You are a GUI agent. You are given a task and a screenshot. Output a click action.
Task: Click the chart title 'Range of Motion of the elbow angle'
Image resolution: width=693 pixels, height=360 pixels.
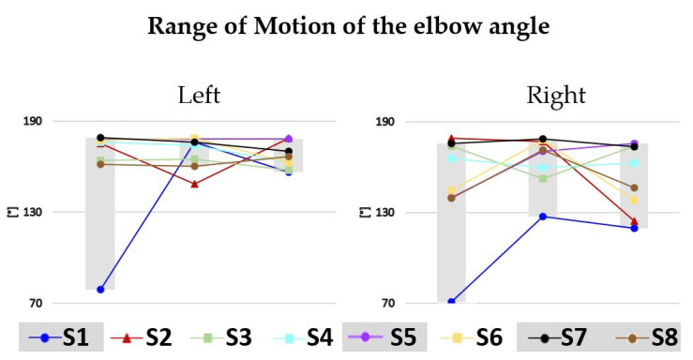346,27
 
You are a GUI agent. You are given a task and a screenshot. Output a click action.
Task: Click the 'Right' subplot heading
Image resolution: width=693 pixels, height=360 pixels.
556,95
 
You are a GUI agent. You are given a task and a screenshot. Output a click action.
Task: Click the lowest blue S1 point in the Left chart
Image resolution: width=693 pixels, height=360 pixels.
100,290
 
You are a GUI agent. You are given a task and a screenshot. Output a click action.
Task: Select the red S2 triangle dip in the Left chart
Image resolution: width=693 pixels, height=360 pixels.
194,184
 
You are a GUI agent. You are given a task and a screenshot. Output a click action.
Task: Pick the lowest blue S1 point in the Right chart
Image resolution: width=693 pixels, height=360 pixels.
451,302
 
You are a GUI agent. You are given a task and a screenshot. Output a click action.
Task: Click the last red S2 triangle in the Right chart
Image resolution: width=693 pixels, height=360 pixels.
635,221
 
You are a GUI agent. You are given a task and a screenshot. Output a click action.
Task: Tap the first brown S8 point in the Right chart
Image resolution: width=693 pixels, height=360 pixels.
451,198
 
